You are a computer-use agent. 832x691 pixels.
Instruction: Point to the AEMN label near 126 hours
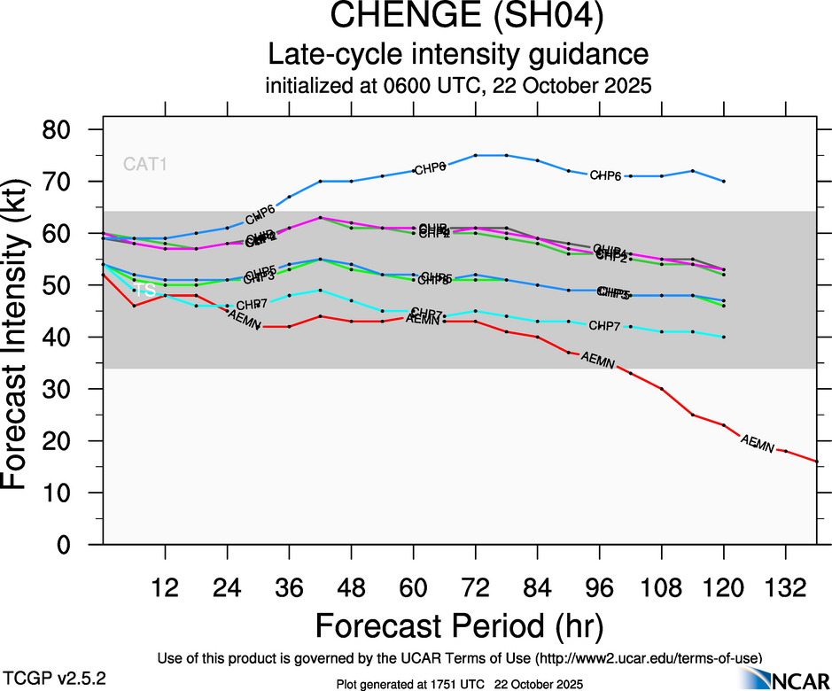pyautogui.click(x=757, y=442)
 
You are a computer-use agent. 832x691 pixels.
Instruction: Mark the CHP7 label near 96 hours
pyautogui.click(x=605, y=326)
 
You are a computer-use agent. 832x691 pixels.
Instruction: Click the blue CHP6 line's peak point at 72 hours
pyautogui.click(x=476, y=155)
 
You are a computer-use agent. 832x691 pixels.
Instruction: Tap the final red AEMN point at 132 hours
pyautogui.click(x=786, y=451)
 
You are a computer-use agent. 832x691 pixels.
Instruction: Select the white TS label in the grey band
pyautogui.click(x=145, y=291)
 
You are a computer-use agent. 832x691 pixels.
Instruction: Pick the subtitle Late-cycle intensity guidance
pyautogui.click(x=458, y=55)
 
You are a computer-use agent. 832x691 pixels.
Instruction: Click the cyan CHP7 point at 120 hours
pyautogui.click(x=724, y=337)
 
